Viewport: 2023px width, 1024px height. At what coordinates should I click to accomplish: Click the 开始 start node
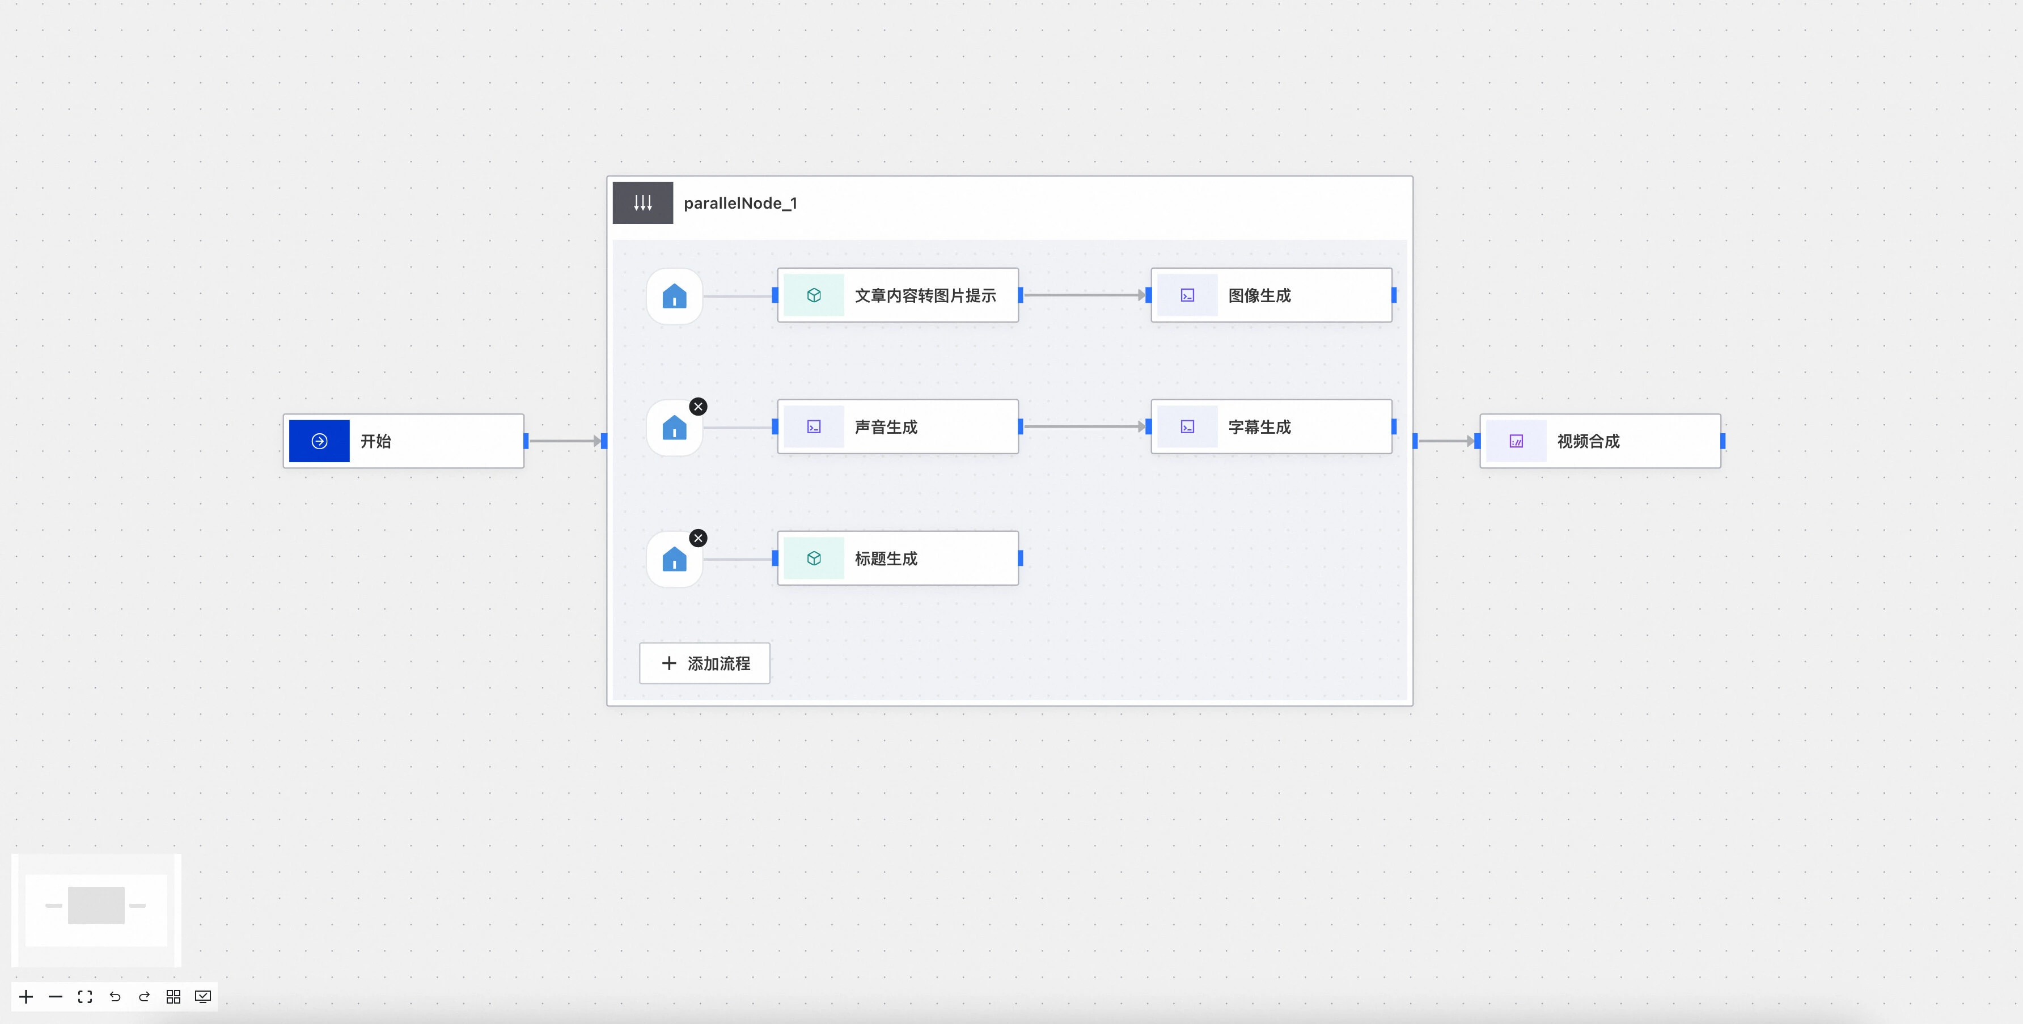tap(403, 441)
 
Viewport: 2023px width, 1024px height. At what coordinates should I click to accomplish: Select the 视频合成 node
tap(1599, 441)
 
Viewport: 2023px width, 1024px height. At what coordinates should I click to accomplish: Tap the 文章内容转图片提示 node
tap(898, 295)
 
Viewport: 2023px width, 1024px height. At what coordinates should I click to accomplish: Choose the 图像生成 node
tap(1271, 295)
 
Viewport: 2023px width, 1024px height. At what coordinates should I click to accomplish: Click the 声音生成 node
tap(898, 426)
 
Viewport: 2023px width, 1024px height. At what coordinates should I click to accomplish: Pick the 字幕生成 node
tap(1271, 426)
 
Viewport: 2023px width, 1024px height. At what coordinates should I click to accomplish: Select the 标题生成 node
tap(898, 558)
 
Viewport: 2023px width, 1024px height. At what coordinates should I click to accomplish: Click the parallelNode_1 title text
tap(740, 204)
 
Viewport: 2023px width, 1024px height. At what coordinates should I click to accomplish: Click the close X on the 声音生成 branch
tap(698, 407)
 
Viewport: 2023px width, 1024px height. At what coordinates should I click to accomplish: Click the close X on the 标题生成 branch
tap(698, 538)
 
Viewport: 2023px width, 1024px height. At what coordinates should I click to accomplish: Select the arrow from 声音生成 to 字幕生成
tap(1085, 426)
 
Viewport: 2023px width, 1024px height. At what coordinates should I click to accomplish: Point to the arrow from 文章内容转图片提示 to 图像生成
tap(1085, 295)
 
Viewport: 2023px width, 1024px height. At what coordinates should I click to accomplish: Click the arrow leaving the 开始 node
tap(565, 441)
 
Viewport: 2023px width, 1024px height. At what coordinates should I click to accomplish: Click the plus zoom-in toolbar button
tap(26, 997)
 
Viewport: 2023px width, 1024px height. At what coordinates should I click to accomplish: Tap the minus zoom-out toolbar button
tap(56, 997)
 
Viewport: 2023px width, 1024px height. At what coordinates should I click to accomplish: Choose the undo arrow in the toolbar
tap(115, 997)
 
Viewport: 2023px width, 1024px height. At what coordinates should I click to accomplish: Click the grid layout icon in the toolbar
tap(173, 997)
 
